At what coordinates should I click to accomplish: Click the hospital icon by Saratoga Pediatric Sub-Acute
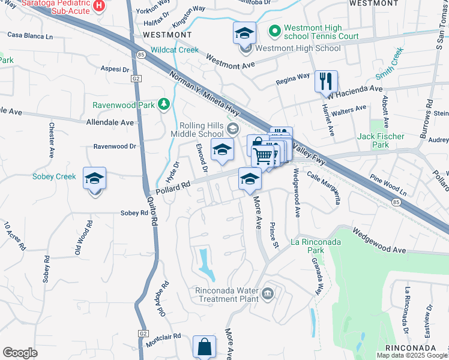click(x=98, y=6)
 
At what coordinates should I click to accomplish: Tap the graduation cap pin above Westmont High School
click(x=245, y=33)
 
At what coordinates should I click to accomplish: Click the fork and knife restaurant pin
click(x=326, y=81)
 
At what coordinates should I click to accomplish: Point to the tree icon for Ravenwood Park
click(x=164, y=105)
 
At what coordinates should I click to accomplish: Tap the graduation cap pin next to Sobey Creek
click(x=94, y=178)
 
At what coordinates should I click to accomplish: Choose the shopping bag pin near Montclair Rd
click(x=204, y=347)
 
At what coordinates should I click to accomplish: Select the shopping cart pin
click(x=263, y=156)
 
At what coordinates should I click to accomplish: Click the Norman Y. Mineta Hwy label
click(x=202, y=95)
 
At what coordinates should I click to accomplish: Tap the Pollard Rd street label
click(x=173, y=187)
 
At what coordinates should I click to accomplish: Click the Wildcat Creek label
click(x=158, y=50)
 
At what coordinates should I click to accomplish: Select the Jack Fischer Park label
click(x=381, y=140)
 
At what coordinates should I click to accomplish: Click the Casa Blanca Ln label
click(x=30, y=36)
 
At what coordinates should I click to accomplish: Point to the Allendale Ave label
click(x=110, y=122)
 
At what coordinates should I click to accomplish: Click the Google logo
click(x=20, y=353)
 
